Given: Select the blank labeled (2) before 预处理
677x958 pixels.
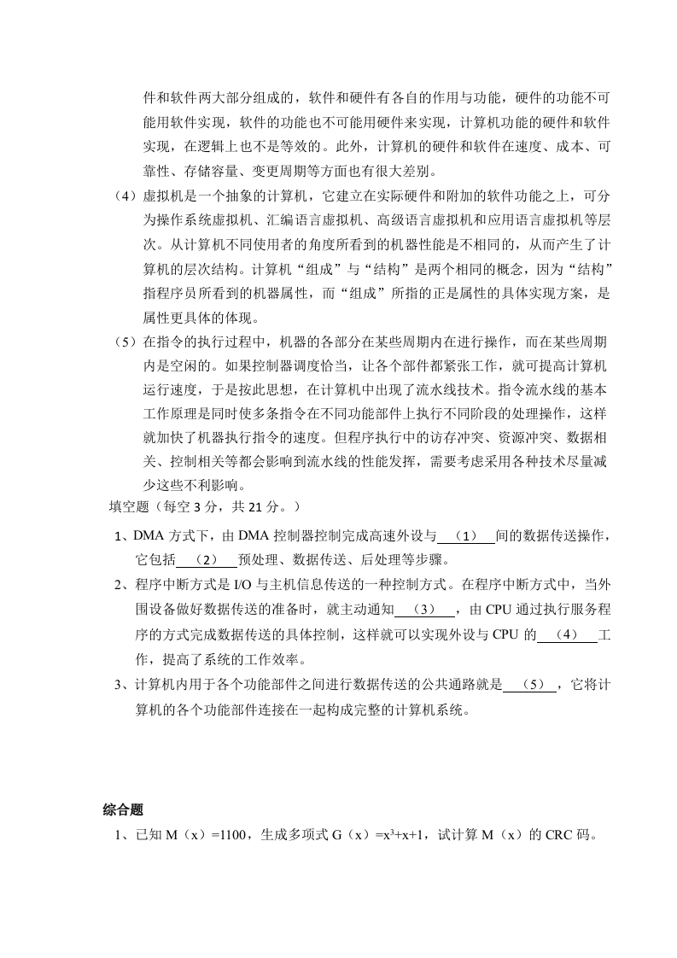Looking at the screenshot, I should pos(207,560).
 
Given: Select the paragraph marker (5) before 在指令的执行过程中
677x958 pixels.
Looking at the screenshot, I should pos(126,342).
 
